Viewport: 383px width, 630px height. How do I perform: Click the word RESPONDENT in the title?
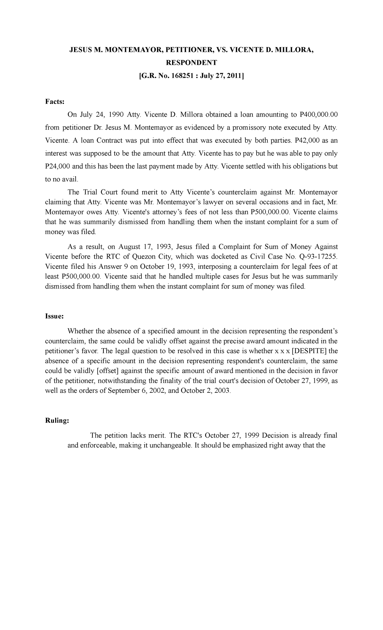[x=191, y=63]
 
